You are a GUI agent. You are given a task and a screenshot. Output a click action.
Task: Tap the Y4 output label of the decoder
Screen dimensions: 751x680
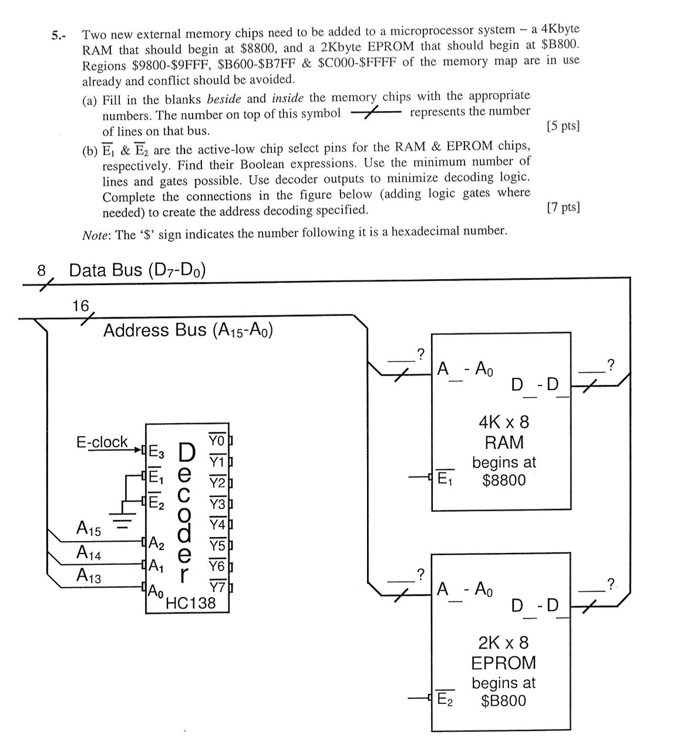217,524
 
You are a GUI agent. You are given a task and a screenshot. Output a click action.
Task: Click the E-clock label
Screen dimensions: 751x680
102,442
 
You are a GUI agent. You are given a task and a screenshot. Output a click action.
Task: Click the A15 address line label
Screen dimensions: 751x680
89,529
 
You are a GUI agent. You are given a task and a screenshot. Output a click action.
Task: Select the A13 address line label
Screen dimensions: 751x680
89,576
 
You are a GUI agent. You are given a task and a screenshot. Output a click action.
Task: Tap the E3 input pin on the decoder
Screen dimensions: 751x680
156,452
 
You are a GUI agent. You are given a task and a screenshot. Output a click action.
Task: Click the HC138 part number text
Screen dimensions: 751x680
191,603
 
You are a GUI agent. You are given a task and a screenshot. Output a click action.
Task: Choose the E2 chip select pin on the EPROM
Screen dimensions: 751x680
445,699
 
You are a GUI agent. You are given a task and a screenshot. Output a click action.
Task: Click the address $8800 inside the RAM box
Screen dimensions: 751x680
504,480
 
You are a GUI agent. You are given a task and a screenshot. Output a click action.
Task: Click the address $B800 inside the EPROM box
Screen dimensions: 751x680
503,700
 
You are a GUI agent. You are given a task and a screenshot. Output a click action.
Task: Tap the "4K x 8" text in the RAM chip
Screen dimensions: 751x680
504,422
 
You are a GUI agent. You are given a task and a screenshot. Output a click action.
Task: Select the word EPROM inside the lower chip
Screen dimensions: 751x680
504,662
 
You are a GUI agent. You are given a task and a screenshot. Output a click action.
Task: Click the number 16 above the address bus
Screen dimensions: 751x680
80,306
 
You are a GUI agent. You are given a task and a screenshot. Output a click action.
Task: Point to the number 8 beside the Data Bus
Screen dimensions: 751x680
41,270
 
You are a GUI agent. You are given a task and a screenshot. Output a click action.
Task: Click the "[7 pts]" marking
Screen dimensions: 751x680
563,207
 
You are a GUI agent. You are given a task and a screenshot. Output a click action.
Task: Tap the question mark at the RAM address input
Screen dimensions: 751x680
420,353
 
